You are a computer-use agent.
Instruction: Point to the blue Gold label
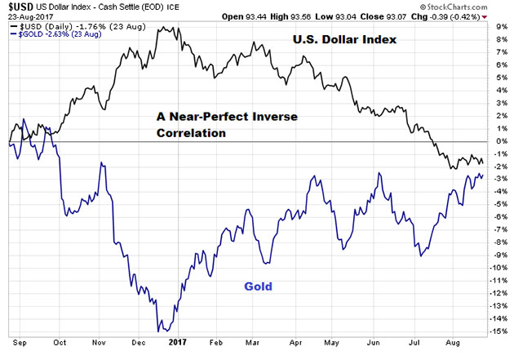coord(258,287)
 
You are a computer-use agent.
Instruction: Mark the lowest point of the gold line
coord(162,330)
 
